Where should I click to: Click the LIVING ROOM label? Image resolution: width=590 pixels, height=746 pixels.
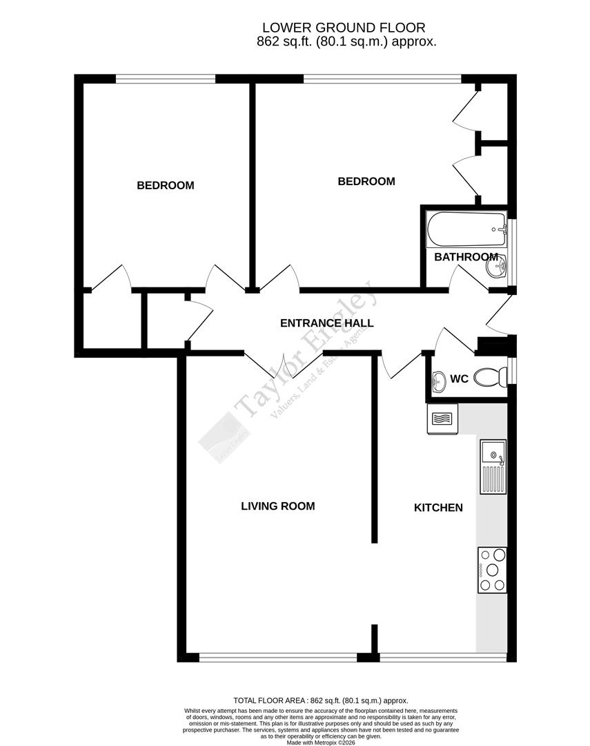click(x=277, y=506)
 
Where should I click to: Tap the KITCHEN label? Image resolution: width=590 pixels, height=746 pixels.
click(x=438, y=508)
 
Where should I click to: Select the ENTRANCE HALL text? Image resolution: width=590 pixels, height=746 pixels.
click(x=326, y=323)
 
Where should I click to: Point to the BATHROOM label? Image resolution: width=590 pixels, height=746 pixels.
click(x=466, y=257)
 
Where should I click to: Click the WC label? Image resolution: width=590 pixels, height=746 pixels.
click(x=459, y=379)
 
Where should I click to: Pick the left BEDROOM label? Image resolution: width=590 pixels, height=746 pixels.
click(x=165, y=185)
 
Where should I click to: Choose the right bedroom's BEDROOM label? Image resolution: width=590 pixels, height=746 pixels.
click(x=366, y=182)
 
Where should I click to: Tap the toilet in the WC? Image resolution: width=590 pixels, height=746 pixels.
click(x=493, y=376)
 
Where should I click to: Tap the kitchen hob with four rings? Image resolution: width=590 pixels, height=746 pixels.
click(x=492, y=569)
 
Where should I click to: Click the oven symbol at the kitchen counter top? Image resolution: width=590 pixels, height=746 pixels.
click(x=442, y=419)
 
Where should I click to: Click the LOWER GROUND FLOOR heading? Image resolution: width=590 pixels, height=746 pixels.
click(x=344, y=28)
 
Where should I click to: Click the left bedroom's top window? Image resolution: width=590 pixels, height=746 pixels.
click(x=166, y=79)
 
